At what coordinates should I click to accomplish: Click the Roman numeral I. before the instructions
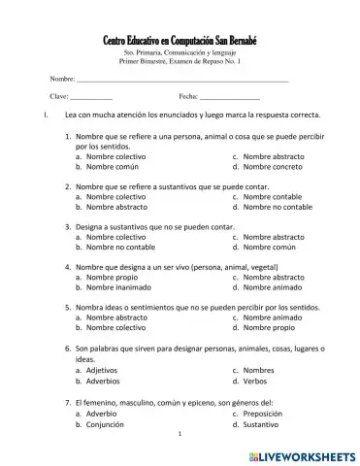pyautogui.click(x=35, y=116)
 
